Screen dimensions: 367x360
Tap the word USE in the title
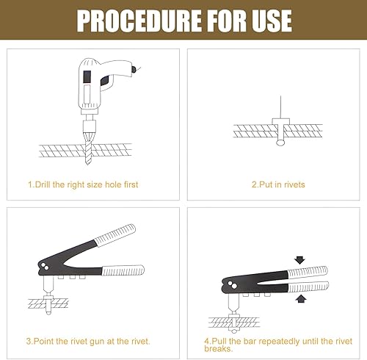pos(272,21)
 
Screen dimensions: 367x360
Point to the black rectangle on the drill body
pos(87,76)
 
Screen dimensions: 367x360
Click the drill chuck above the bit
pos(88,126)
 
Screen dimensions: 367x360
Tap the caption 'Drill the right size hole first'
pos(83,184)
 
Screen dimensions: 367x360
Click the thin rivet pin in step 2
pos(280,107)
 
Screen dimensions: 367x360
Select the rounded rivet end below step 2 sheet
pos(280,143)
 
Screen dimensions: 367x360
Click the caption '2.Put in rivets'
pos(278,184)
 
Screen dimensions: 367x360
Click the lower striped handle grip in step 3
pos(123,270)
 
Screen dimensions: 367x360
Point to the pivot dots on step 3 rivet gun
pos(45,266)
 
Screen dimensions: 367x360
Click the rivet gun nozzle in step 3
pos(48,285)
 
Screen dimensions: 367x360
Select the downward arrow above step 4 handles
pos(299,260)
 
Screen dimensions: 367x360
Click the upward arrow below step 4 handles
pos(301,299)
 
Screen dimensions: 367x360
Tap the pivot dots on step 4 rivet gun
pos(232,285)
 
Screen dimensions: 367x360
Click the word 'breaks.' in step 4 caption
pos(218,349)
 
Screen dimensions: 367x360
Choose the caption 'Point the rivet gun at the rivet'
pos(88,342)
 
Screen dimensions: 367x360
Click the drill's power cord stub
pos(135,69)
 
